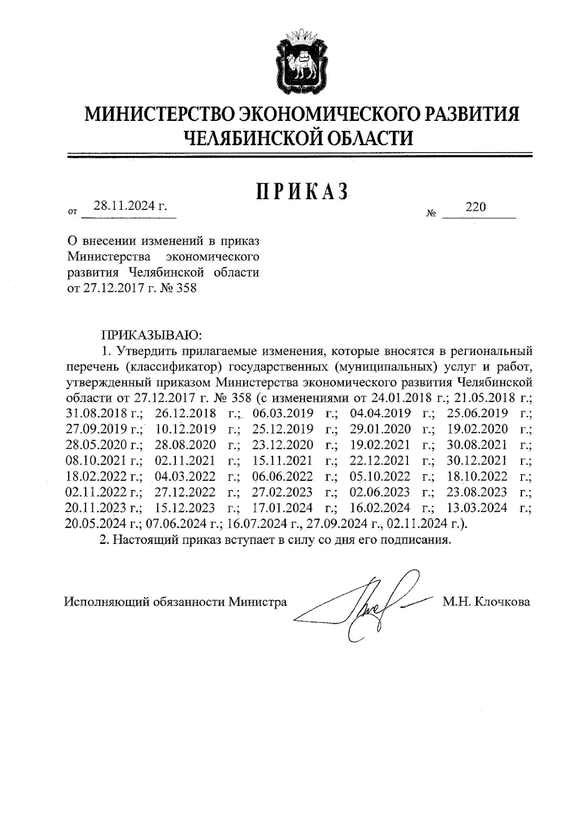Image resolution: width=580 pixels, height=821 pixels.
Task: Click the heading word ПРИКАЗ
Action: [302, 192]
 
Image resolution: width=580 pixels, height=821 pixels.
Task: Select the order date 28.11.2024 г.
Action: [130, 206]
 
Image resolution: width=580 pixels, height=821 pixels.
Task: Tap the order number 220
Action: [476, 207]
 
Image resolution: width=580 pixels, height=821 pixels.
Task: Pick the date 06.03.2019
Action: [283, 413]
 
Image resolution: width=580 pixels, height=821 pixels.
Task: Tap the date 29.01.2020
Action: [380, 429]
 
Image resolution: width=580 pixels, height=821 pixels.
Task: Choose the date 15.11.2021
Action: [282, 460]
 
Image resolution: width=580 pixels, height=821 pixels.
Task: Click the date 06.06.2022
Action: [283, 476]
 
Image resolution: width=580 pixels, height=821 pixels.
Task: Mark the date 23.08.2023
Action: [477, 492]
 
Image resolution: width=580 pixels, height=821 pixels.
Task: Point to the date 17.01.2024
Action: [283, 508]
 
